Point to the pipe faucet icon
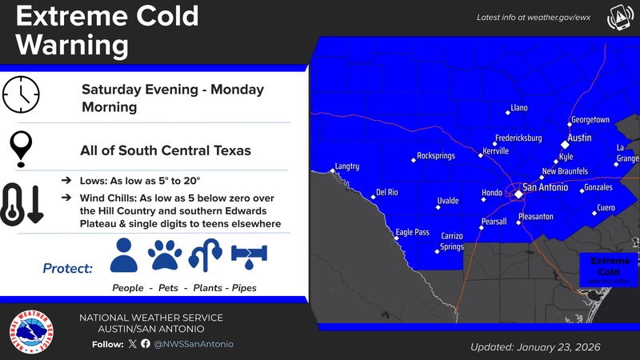coord(250,255)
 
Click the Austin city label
coord(578,138)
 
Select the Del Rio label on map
coord(387,193)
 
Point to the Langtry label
coord(348,166)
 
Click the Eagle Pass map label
coord(413,233)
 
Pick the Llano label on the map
coord(519,108)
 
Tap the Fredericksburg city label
coord(518,138)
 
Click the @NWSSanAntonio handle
coord(194,343)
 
